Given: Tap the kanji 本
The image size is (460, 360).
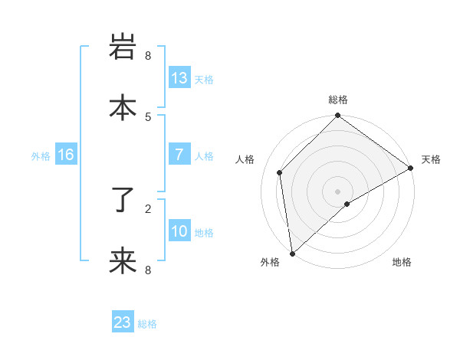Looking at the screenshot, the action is click(123, 108).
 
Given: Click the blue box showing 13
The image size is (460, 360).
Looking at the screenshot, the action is click(179, 78).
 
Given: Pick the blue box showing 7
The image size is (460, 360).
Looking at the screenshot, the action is click(179, 155).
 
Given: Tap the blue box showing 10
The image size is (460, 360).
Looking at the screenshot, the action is click(179, 231).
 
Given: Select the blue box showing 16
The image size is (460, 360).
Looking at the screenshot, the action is click(66, 155).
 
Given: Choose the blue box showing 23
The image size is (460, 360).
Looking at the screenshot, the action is click(123, 322).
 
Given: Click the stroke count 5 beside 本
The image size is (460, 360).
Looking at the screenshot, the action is click(148, 116).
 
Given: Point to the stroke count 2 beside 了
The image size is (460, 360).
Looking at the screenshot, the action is click(148, 208).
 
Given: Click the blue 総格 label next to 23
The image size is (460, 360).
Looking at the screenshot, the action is click(147, 324).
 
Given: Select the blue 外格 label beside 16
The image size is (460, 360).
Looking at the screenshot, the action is click(41, 155).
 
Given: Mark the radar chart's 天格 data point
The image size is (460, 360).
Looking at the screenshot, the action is click(411, 169).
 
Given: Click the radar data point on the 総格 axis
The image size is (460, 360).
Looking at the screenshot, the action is click(337, 116).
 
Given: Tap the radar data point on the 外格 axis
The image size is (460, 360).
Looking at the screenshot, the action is click(292, 254).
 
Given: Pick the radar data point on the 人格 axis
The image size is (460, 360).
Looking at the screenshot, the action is click(280, 172).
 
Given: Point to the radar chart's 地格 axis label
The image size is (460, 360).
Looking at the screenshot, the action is click(402, 263).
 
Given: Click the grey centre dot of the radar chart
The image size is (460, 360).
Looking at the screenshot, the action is click(337, 191).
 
